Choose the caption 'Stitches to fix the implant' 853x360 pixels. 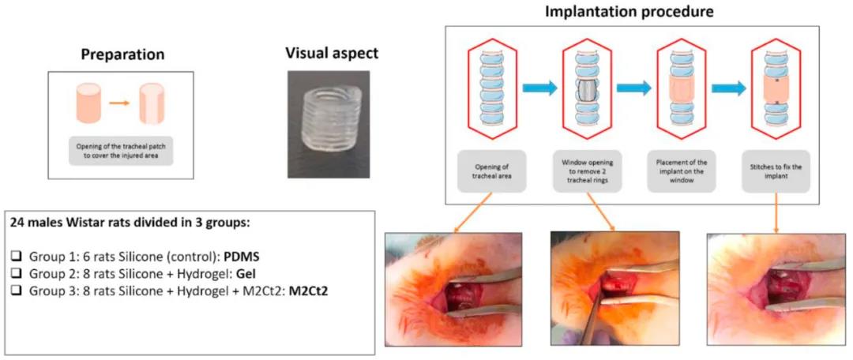tap(773, 171)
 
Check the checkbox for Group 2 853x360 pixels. tap(16, 272)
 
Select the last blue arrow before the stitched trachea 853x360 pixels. tap(727, 89)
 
